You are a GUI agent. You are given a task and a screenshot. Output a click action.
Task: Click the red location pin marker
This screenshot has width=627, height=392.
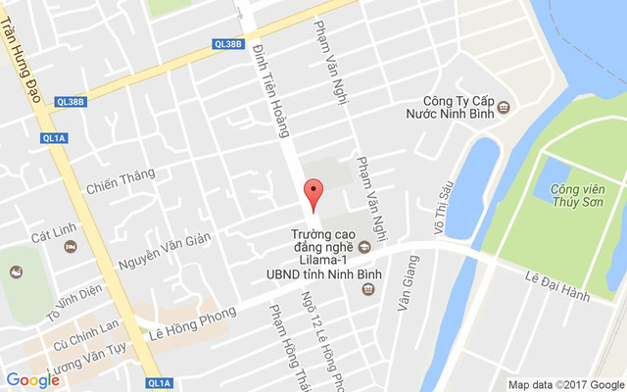(313, 194)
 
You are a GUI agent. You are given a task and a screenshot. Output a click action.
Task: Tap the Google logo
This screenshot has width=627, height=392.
(33, 380)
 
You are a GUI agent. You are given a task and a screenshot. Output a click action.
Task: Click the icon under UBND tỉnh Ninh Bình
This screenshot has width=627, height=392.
(367, 288)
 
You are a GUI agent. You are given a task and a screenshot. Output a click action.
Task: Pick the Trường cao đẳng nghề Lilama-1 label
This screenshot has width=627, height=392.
(325, 244)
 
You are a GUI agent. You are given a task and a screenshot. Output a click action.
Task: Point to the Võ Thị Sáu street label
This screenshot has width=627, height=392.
(440, 209)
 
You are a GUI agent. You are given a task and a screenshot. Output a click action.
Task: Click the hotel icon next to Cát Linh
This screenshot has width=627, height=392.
(71, 246)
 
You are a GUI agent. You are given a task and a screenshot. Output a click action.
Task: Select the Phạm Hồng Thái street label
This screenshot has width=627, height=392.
(284, 343)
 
